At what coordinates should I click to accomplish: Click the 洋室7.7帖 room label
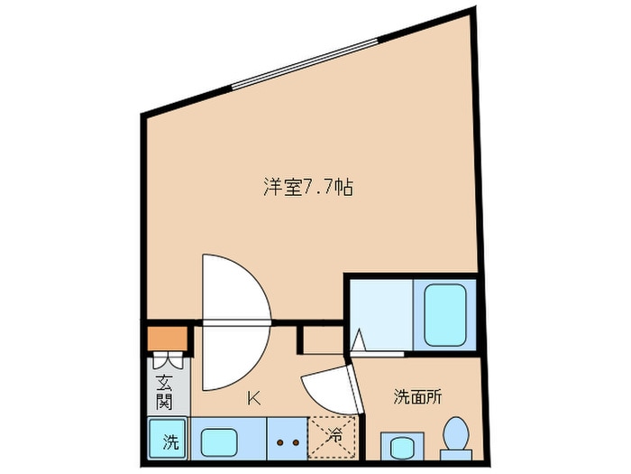click(x=306, y=188)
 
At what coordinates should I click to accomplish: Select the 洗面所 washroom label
click(x=417, y=396)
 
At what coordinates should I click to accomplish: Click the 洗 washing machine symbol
click(x=168, y=441)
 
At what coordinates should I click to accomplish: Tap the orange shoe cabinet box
click(x=168, y=339)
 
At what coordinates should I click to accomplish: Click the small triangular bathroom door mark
click(x=359, y=341)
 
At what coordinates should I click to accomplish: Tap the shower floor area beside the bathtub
click(x=380, y=311)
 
